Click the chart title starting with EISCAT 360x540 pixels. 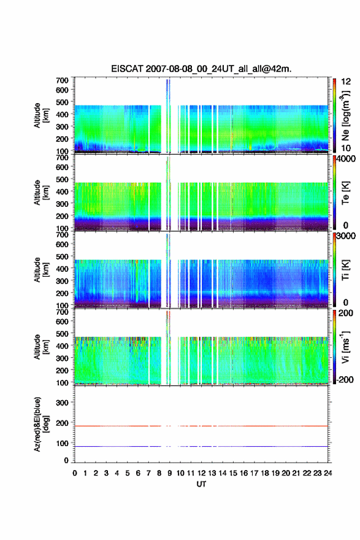pyautogui.click(x=201, y=69)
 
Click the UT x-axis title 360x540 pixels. pyautogui.click(x=201, y=484)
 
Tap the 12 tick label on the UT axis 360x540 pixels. pyautogui.click(x=201, y=473)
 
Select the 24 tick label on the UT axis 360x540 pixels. pyautogui.click(x=328, y=473)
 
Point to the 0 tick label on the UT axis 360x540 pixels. pyautogui.click(x=75, y=473)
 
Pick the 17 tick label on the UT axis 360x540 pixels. pyautogui.click(x=255, y=473)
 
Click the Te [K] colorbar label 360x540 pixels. pyautogui.click(x=345, y=193)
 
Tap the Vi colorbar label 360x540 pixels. pyautogui.click(x=345, y=347)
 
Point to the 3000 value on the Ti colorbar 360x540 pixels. pyautogui.click(x=347, y=236)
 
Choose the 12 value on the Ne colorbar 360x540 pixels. pyautogui.click(x=346, y=82)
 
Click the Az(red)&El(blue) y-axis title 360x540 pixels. pyautogui.click(x=41, y=424)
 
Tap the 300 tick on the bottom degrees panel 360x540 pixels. pyautogui.click(x=62, y=403)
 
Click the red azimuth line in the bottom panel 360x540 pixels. pyautogui.click(x=201, y=426)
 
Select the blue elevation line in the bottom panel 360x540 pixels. pyautogui.click(x=201, y=446)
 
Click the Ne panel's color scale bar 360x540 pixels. pyautogui.click(x=334, y=115)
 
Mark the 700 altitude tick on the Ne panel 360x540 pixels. pyautogui.click(x=62, y=80)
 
